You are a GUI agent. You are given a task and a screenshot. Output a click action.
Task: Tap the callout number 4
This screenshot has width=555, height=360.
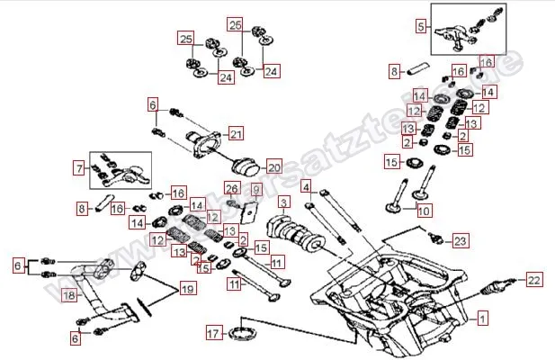click(x=306, y=187)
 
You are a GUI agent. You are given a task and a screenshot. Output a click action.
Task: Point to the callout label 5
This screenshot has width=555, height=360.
click(x=420, y=27)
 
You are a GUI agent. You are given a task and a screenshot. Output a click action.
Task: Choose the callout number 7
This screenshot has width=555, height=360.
click(x=78, y=167)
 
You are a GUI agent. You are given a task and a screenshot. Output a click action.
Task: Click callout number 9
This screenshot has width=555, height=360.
click(x=255, y=190)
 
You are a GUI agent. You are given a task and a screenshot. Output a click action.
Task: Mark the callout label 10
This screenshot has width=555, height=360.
click(x=424, y=211)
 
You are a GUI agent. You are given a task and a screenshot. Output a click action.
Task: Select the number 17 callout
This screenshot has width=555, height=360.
click(x=213, y=334)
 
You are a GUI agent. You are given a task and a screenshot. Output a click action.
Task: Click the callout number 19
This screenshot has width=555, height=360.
click(x=186, y=289)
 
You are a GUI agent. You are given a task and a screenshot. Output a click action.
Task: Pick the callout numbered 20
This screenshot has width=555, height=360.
click(x=273, y=166)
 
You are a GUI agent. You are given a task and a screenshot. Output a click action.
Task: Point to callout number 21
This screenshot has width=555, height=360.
click(x=236, y=134)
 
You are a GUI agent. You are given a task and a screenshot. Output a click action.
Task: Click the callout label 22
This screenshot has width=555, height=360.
click(x=533, y=281)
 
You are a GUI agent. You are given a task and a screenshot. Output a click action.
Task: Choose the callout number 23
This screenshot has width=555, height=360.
click(x=460, y=240)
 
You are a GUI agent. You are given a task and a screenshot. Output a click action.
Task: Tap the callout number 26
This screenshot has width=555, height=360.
click(x=230, y=188)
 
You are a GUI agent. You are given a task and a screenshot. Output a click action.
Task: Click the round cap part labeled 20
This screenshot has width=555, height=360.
click(x=244, y=169)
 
